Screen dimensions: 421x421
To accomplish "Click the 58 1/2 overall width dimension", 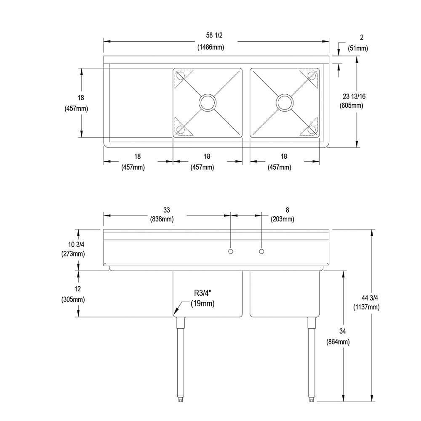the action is coord(214,35).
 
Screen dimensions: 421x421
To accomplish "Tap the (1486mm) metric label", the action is coord(211,47).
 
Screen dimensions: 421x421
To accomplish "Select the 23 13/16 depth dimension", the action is coord(354,96).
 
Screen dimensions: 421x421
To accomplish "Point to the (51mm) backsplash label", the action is coord(358,48).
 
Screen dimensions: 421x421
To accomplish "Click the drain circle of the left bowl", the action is coord(207,102).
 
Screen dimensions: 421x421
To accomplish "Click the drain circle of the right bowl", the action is coord(285,102).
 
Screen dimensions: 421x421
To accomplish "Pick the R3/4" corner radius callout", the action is coord(203,293).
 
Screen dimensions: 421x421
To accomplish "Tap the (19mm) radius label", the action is coord(203,304).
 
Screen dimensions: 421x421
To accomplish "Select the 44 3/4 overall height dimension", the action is coord(370,298).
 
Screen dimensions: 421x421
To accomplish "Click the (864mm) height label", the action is coord(338,342).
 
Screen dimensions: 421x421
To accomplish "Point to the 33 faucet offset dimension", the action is coord(166,210).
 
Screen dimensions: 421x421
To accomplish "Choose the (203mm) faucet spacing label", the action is coord(282,219).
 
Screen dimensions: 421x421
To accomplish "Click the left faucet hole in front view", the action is coord(230,251).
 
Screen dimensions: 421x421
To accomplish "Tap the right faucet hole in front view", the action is coord(261,251).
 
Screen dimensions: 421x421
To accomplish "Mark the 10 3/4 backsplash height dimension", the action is coord(76,244).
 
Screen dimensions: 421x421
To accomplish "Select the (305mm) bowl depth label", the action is coord(73,299).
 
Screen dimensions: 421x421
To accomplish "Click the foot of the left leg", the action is coord(181,399).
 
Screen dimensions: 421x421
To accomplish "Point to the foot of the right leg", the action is coord(312,399).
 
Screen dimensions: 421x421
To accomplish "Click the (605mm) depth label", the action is coord(352,106).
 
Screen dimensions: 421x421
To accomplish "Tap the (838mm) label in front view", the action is coord(162,219).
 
